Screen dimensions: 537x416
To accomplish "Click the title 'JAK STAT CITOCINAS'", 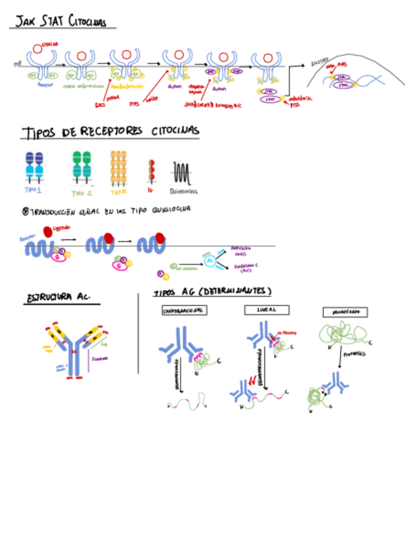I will click(62, 22).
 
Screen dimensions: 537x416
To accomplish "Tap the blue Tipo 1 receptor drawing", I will click(34, 167).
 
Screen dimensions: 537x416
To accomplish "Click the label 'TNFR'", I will click(118, 192).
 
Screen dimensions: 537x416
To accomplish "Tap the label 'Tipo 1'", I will click(33, 190).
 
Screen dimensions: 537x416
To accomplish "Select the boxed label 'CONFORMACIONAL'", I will click(185, 311).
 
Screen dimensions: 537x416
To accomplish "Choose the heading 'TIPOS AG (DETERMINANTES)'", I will click(212, 292).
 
